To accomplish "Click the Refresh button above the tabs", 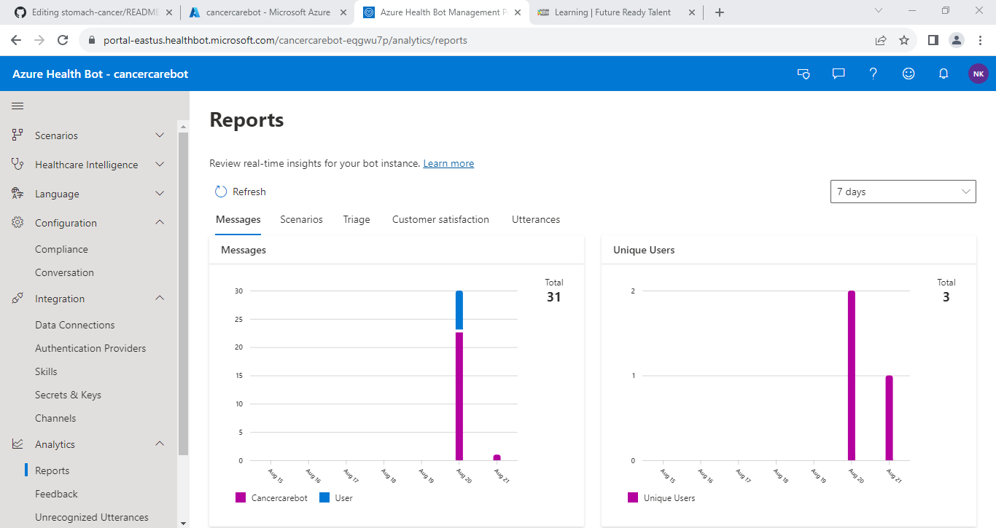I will pos(241,192).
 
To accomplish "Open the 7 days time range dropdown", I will pos(903,192).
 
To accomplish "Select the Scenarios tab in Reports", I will pos(301,219).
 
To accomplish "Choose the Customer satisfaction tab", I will pos(440,219).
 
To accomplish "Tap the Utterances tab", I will pos(536,219).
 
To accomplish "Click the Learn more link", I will pos(448,164).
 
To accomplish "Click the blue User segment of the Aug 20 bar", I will pos(459,310).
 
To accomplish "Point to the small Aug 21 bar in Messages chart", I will pos(497,457).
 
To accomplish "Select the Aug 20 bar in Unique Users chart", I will pos(851,375).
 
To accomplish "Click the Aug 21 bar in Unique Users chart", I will pos(889,418).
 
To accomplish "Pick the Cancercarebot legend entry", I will pos(272,498).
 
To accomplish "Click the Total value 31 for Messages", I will pos(554,297).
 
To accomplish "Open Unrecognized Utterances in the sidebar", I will pos(92,517).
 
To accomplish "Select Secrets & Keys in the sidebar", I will pos(68,395).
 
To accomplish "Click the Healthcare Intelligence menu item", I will pos(86,165).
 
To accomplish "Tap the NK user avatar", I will pos(978,74).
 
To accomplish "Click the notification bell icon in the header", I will pos(944,74).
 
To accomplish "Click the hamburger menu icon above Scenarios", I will pos(17,106).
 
